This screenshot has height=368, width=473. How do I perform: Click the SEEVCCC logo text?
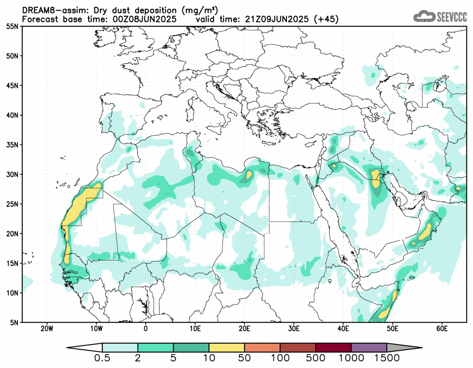(452, 17)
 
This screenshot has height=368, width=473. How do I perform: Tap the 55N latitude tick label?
(11, 26)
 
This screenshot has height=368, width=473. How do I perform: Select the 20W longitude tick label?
(47, 328)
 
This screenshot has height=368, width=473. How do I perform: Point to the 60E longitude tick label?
(442, 328)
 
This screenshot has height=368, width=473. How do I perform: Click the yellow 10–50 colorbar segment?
(227, 348)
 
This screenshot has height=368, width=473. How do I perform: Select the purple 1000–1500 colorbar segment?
(369, 348)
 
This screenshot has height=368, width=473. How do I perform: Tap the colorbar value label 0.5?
(102, 358)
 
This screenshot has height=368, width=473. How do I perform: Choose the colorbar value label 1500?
(386, 358)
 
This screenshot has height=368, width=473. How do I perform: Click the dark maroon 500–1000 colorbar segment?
(333, 348)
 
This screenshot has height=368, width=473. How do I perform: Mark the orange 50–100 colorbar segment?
(262, 348)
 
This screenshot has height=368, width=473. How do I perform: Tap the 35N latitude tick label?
(11, 145)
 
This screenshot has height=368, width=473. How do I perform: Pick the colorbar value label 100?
(280, 358)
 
